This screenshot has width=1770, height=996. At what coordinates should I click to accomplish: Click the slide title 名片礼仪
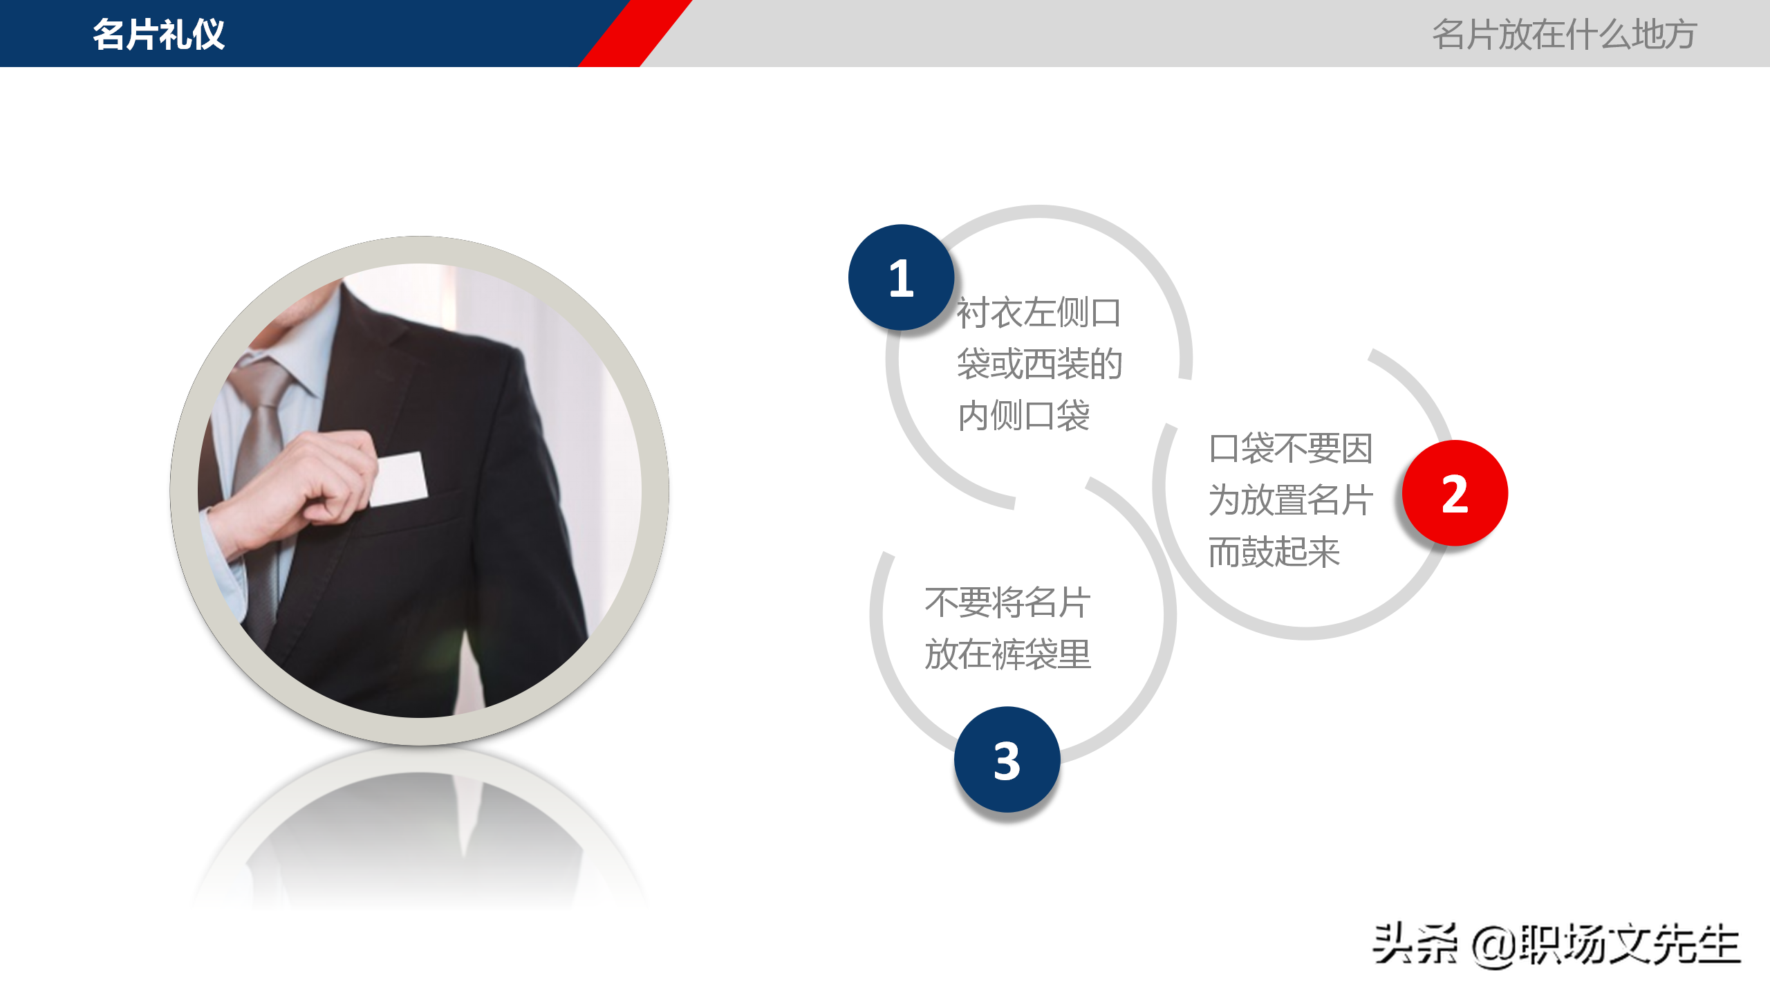[158, 34]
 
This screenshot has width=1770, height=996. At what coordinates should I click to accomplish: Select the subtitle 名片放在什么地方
[1564, 34]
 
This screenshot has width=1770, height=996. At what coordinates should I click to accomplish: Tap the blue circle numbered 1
[901, 277]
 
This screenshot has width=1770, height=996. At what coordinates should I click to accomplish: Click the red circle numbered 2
[1455, 493]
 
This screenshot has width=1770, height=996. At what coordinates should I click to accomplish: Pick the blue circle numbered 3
[1007, 760]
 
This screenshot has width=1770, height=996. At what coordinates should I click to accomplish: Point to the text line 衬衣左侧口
[1038, 313]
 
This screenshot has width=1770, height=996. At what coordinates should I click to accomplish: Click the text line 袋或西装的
[1038, 364]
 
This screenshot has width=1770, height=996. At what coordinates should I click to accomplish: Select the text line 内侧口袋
[1023, 416]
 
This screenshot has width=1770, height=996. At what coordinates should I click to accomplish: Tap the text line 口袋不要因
[1290, 448]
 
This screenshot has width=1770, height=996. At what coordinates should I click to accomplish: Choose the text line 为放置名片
[1290, 499]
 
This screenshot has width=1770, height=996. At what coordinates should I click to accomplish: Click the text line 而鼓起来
[1274, 551]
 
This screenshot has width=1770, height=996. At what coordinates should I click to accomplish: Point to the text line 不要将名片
[1007, 602]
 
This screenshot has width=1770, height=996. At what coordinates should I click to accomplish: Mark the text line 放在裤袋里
[1007, 654]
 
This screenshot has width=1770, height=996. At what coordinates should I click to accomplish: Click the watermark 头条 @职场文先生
[1556, 945]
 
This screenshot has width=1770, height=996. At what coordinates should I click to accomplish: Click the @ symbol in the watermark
[1493, 946]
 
